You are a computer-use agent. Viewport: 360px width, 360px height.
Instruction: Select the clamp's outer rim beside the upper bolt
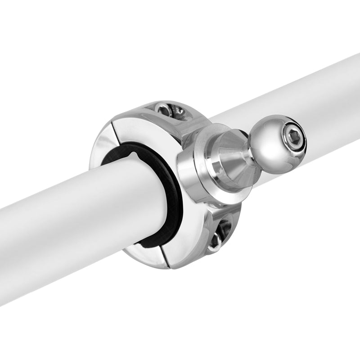[x=189, y=110]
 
